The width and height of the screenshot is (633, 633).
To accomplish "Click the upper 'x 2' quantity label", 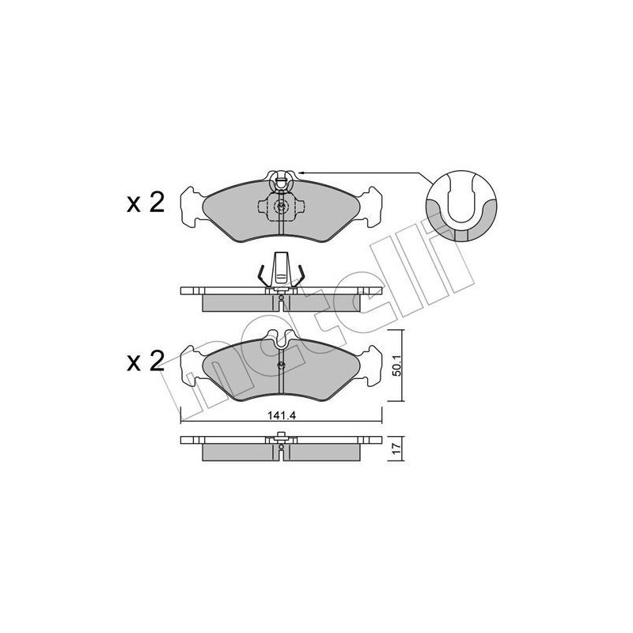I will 146,182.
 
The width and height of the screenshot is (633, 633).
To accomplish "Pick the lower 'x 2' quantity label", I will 146,362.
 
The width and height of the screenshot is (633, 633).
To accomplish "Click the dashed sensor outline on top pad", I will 282,207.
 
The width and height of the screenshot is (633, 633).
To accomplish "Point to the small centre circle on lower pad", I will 282,365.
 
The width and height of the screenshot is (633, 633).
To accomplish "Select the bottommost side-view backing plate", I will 282,440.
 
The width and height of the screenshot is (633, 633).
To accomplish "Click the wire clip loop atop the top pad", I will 282,179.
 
